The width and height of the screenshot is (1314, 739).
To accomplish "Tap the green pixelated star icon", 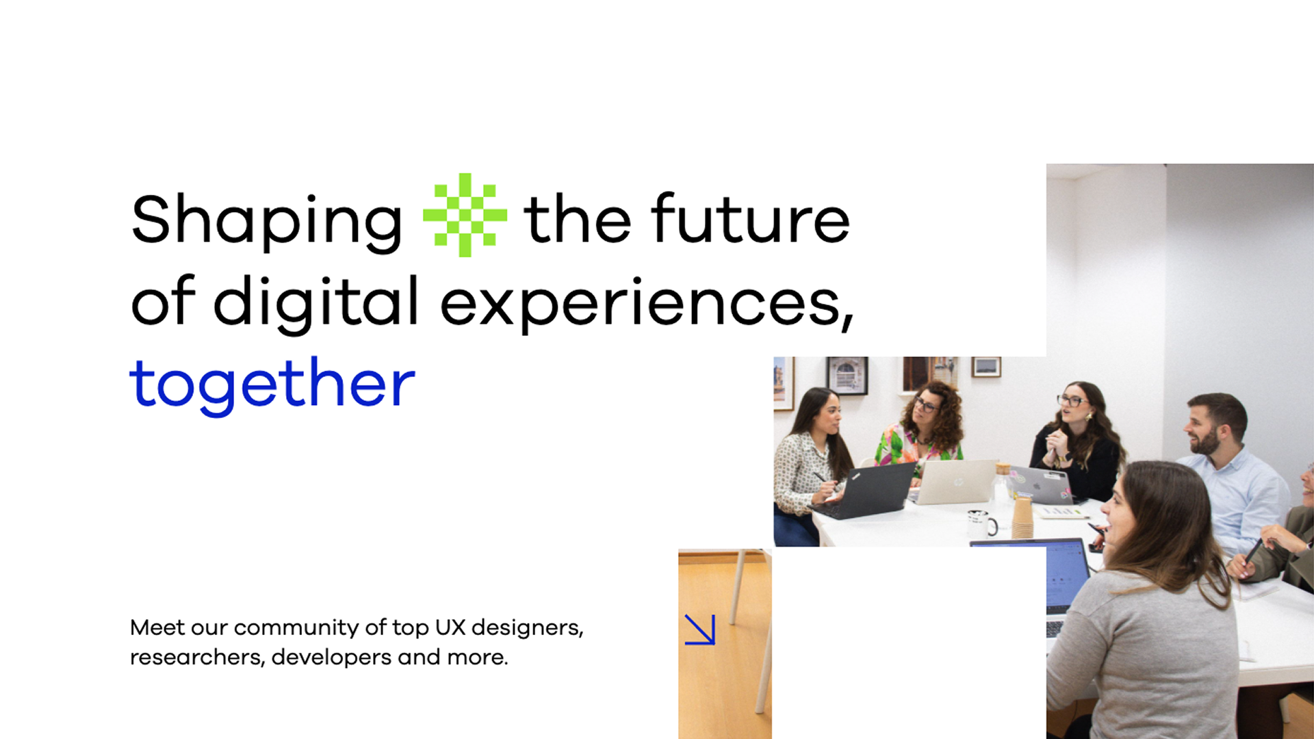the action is [465, 215].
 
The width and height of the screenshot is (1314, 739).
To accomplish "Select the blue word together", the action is [272, 385].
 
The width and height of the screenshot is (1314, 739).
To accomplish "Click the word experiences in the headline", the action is [647, 304].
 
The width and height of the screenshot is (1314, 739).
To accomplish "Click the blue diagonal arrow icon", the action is [700, 630].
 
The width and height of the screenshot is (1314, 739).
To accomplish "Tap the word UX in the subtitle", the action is [450, 627].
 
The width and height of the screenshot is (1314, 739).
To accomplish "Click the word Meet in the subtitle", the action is [157, 627].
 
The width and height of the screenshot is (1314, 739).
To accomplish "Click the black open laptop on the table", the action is [865, 491].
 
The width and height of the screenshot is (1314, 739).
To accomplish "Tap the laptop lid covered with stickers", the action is [1040, 484].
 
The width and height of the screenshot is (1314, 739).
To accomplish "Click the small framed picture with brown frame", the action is [986, 367].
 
